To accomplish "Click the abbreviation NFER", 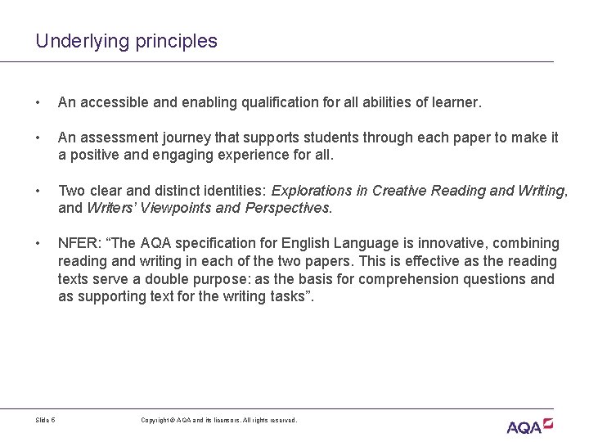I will point(76,244).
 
